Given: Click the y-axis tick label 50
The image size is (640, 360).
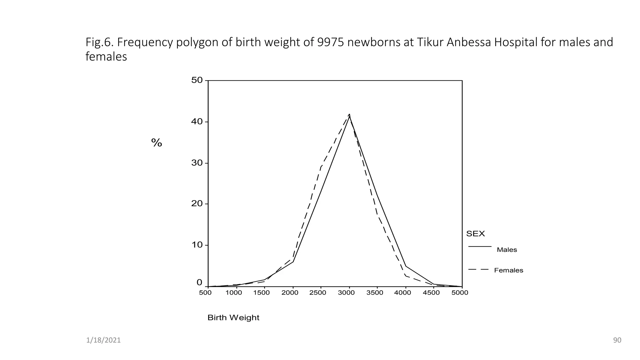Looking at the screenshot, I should click(197, 80).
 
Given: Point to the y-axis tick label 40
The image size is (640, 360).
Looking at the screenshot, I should click(197, 122).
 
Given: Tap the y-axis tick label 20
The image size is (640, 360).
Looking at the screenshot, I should click(197, 204).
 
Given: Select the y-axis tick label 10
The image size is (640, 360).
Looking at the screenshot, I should click(197, 245).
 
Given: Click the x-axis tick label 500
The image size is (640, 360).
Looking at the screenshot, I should click(205, 293).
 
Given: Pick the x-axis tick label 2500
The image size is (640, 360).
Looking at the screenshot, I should click(317, 293).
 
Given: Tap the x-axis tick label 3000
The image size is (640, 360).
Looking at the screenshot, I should click(346, 293).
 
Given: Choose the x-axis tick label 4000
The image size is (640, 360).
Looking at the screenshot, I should click(402, 293).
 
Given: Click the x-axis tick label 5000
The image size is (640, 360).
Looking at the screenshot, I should click(460, 293).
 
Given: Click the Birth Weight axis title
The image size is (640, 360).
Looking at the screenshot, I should click(233, 318).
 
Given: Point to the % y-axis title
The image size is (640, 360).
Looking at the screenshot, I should click(157, 143).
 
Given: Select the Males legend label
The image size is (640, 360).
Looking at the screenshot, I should click(507, 250).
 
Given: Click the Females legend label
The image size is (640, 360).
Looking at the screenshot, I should click(508, 271).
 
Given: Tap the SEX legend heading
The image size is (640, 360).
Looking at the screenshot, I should click(475, 234).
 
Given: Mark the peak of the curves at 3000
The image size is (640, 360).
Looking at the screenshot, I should click(349, 115).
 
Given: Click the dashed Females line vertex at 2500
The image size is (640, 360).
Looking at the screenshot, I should click(321, 167).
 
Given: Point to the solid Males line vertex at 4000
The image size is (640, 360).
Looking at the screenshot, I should click(406, 266).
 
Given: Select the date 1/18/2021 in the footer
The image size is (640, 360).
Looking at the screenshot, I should click(103, 340).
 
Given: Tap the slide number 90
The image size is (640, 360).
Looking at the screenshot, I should click(617, 340).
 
